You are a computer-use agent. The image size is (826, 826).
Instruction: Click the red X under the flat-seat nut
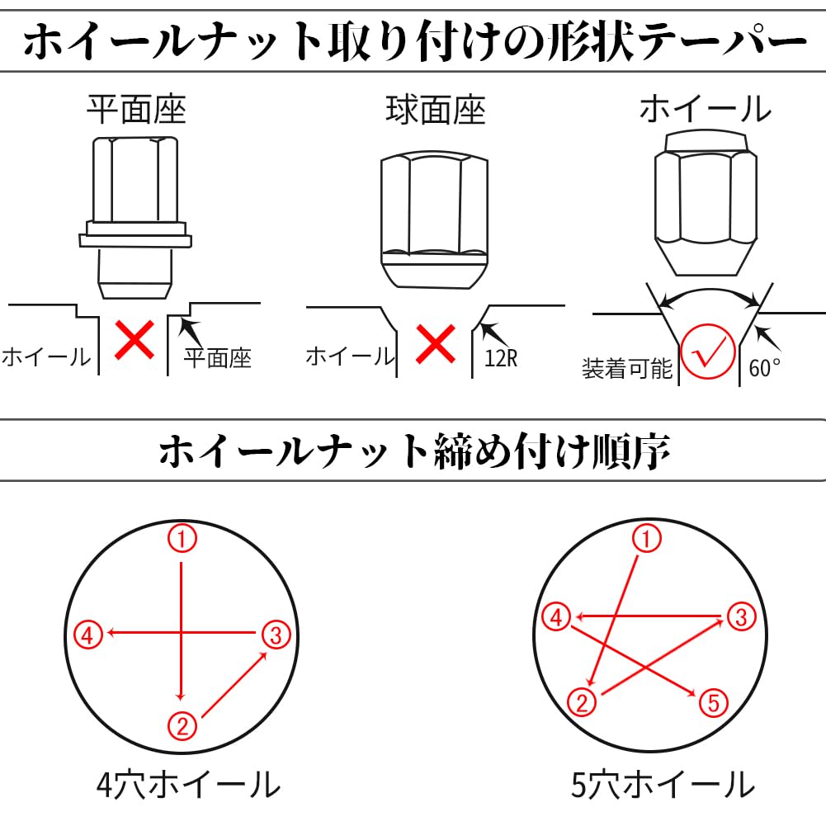[135, 340]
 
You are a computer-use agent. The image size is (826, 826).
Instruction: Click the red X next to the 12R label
[436, 344]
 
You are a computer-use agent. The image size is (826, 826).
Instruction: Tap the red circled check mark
[707, 352]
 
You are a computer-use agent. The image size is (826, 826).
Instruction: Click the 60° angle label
[764, 368]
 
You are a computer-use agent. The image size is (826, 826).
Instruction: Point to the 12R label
[501, 359]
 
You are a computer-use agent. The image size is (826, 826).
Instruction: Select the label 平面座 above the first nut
[136, 110]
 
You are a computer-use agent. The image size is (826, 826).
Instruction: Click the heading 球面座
[436, 110]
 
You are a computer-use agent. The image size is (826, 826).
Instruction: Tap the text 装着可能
[627, 368]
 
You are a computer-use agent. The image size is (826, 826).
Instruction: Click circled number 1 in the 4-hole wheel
[182, 538]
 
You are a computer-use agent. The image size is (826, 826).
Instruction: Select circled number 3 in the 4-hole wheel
[276, 635]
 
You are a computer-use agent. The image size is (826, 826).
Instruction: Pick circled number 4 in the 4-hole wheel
[87, 635]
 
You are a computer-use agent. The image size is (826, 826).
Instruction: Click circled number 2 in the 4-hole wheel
[182, 726]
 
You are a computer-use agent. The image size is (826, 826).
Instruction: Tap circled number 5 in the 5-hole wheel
[713, 703]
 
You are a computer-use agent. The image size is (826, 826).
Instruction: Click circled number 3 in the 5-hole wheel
[742, 617]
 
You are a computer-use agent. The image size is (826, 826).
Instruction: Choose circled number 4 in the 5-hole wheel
[557, 617]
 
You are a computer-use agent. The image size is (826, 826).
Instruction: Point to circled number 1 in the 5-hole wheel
[646, 538]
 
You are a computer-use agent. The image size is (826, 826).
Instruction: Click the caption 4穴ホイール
[188, 785]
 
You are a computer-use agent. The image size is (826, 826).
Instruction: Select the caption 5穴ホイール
[663, 785]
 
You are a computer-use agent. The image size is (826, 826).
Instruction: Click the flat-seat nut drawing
[135, 218]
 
